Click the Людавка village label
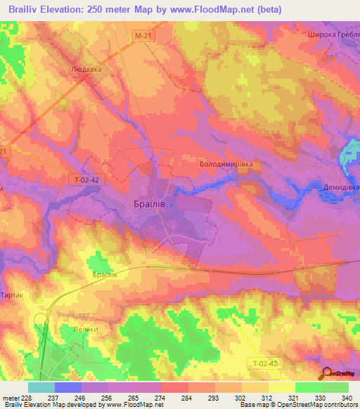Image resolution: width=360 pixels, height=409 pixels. (x=86, y=70)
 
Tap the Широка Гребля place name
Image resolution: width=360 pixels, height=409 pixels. (x=333, y=34)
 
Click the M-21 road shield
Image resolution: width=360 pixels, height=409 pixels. (x=143, y=34)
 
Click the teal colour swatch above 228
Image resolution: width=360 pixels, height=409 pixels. (x=41, y=387)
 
